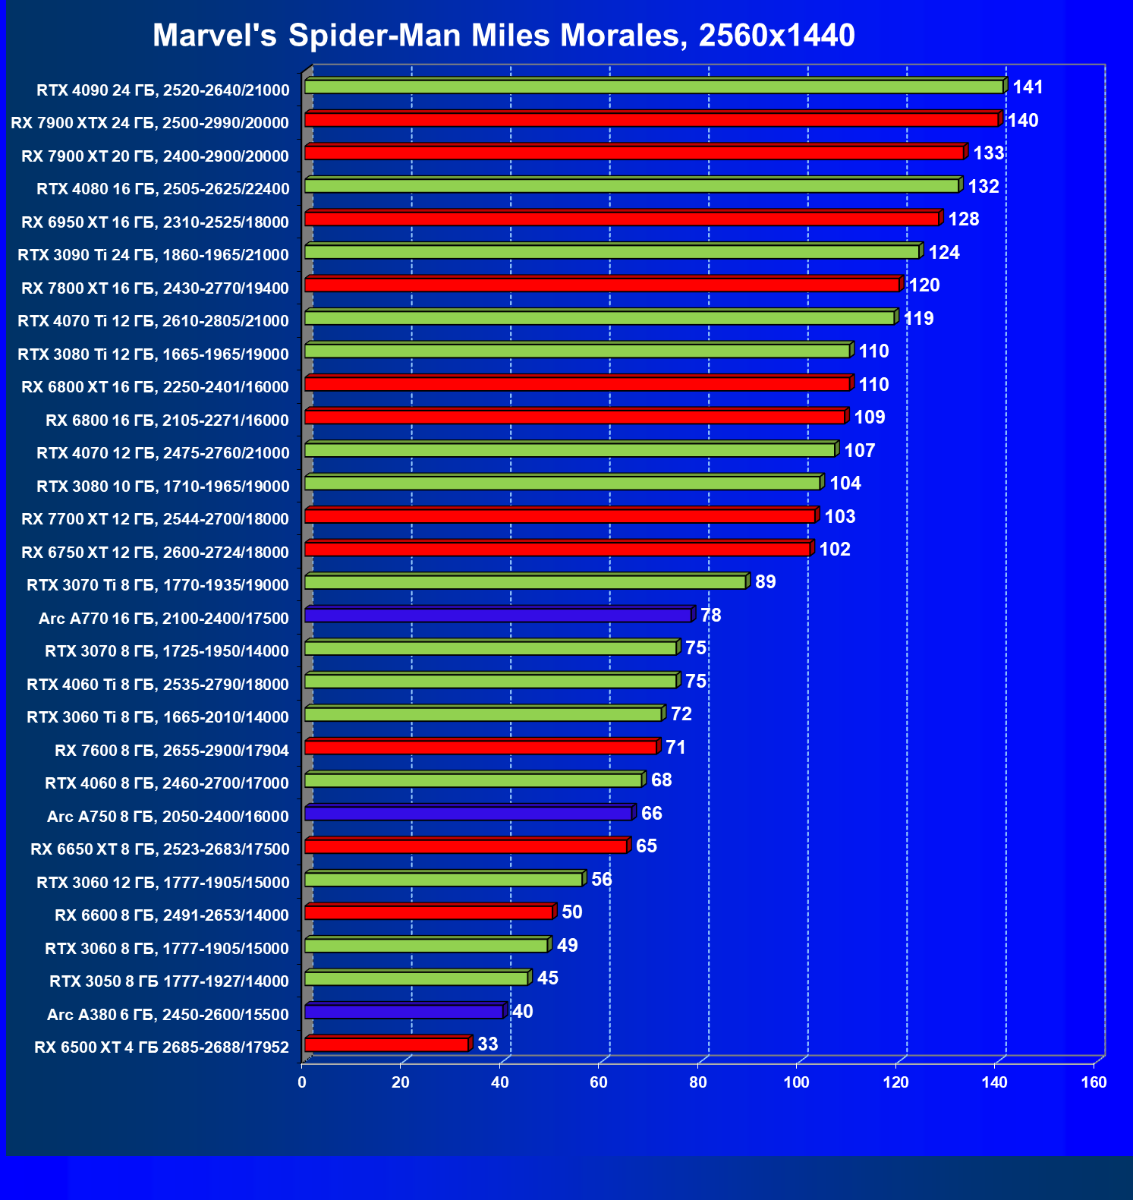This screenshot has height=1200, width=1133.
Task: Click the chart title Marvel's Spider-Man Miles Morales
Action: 503,36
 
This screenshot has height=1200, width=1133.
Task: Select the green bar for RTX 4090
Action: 653,87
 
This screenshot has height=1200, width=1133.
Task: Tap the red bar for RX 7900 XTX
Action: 651,120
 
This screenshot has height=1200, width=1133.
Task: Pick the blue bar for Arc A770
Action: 498,616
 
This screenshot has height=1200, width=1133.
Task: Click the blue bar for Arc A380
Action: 404,1012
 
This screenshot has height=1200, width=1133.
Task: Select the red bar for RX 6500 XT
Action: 386,1045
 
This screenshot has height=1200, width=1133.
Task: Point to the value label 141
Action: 1028,87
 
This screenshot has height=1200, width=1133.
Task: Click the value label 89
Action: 765,582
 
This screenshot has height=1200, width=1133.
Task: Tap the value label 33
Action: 487,1044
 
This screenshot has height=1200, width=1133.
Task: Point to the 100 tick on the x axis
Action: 796,1082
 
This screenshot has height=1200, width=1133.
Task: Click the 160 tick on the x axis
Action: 1094,1082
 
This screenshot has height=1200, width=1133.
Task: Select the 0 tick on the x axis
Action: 302,1082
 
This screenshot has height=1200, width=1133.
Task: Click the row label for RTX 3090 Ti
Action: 153,255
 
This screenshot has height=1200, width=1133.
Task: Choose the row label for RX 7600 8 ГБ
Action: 172,751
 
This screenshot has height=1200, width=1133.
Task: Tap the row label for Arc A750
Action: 168,817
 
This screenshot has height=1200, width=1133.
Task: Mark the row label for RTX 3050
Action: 169,981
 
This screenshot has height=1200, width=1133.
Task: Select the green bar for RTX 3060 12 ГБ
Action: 443,880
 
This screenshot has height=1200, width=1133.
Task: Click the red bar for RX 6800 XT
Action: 577,384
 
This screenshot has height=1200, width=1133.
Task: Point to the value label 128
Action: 963,219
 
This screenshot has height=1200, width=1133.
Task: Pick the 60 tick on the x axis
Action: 599,1082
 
